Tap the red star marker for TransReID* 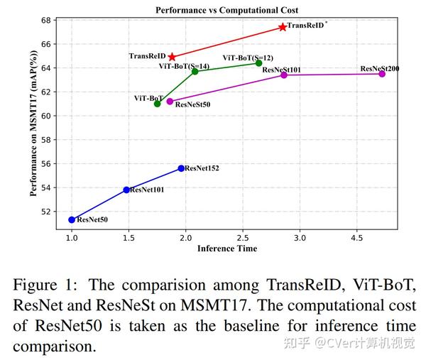[x=283, y=27]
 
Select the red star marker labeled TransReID [x=172, y=56]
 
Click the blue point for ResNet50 [x=72, y=219]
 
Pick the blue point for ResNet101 [x=126, y=190]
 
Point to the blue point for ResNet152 [x=181, y=168]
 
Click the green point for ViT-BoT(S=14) [x=195, y=71]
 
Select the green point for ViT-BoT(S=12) [x=258, y=63]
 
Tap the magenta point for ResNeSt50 [x=170, y=102]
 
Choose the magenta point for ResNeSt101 [x=284, y=75]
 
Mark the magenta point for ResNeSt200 [x=382, y=74]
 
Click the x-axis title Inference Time [x=227, y=249]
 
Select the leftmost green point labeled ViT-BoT [x=157, y=104]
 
